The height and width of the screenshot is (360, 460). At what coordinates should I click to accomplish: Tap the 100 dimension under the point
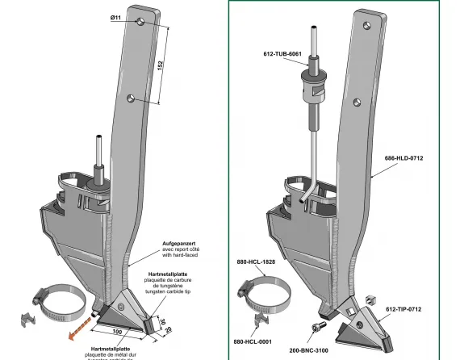(x=119, y=332)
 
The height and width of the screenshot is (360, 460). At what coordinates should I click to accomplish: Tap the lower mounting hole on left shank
(x=130, y=98)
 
